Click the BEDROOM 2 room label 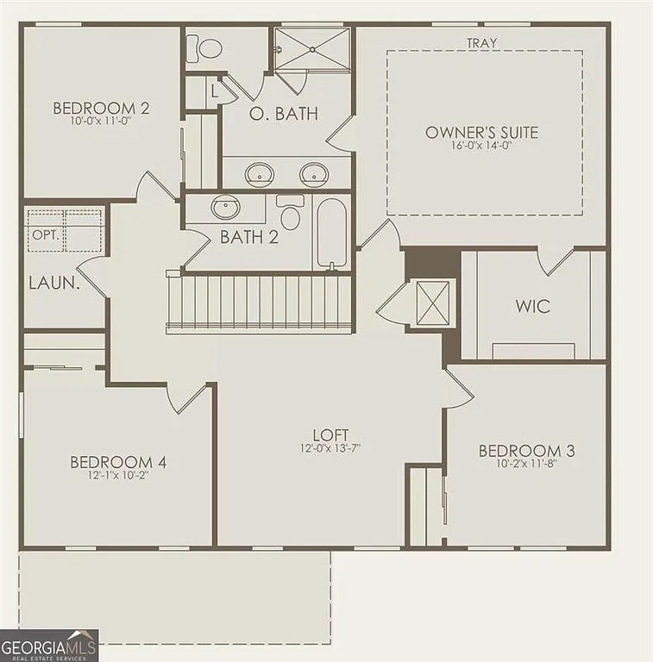(101, 109)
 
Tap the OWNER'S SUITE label (481, 132)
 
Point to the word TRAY (481, 42)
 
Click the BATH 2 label (248, 237)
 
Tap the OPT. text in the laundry (43, 234)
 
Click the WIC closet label (531, 306)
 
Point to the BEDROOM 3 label (526, 450)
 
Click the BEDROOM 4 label (118, 463)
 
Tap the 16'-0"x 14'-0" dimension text (481, 147)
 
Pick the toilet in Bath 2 (290, 215)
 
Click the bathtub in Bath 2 (331, 233)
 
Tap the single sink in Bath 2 (226, 208)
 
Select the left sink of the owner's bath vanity (258, 174)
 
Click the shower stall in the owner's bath (312, 48)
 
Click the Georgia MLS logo (49, 645)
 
